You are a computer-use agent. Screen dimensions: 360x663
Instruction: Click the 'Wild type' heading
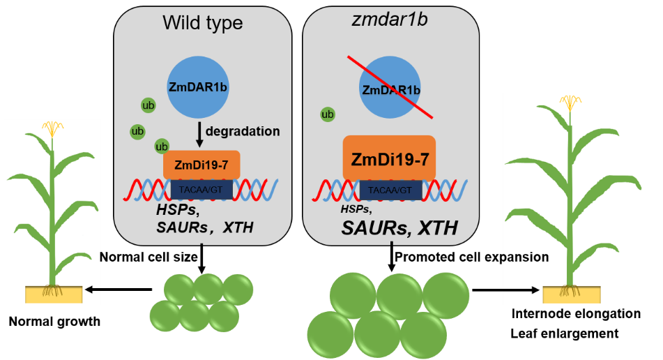203,23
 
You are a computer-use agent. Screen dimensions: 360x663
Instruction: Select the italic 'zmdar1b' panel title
390,22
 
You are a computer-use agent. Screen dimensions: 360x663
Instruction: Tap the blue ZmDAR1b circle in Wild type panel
199,87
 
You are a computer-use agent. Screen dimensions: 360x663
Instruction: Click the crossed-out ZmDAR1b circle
390,89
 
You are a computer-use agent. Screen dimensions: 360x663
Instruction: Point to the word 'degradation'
243,131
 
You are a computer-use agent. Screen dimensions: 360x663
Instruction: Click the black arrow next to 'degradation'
199,135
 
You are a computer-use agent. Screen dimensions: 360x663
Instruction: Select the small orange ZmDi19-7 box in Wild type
201,165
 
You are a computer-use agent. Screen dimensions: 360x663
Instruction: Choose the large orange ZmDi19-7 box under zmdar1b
390,158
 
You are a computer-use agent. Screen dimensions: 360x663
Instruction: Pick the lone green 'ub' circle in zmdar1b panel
326,114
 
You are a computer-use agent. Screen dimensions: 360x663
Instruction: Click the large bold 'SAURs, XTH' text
399,227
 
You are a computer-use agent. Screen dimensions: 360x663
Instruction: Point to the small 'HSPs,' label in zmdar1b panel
355,209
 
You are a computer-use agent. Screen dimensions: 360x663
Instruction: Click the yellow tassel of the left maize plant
52,128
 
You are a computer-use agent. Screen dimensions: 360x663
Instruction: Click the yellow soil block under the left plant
54,294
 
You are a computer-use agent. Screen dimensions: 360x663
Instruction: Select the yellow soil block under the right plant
571,294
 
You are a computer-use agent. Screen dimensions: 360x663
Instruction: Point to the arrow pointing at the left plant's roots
93,290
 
